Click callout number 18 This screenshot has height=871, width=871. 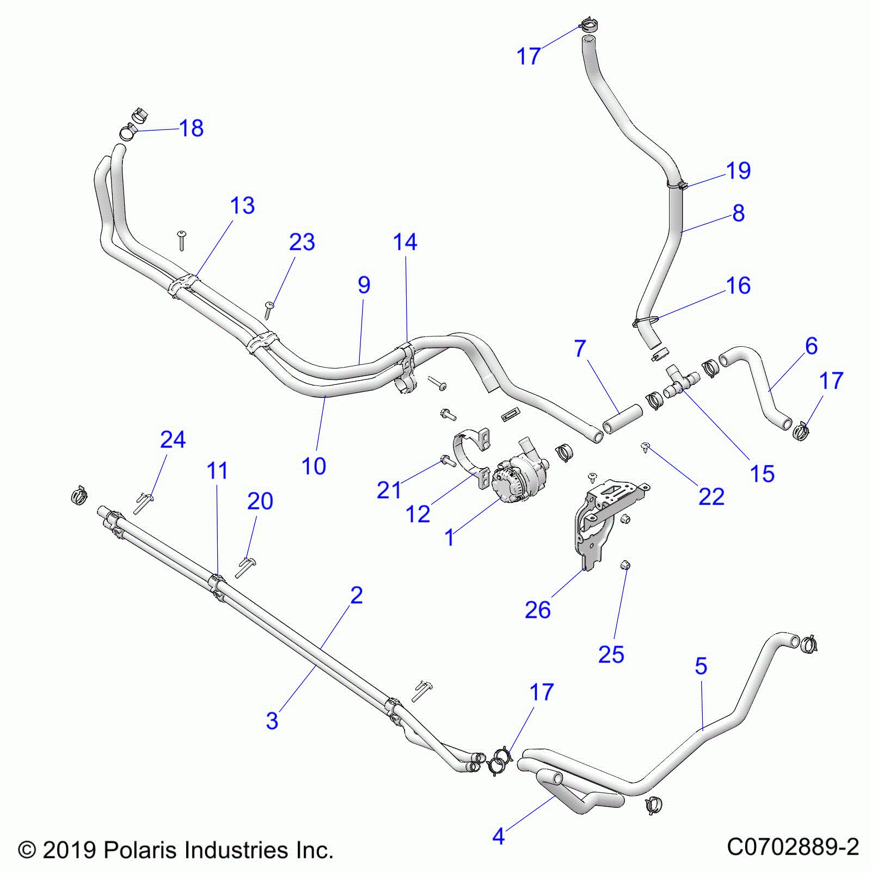(191, 128)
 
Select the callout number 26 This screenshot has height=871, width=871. (537, 610)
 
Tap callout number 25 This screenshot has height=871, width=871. (611, 654)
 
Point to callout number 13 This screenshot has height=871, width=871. (242, 206)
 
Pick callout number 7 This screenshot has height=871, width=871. (580, 348)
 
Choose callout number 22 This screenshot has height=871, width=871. (711, 496)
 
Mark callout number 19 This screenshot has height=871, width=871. (738, 171)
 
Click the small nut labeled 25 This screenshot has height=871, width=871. (625, 567)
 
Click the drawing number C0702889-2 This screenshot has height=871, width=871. (793, 847)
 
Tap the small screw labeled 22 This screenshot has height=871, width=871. (646, 447)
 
